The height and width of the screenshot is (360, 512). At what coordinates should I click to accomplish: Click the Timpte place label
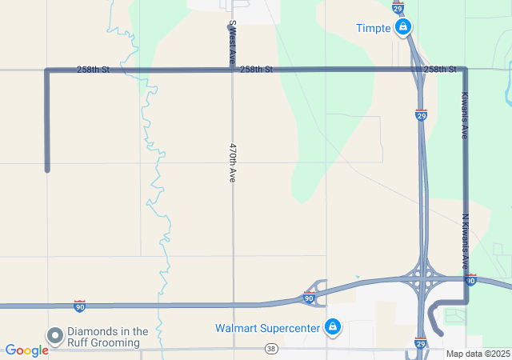click(373, 29)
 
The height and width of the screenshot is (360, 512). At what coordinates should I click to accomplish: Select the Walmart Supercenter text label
click(267, 328)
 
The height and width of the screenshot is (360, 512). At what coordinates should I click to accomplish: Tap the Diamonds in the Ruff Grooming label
click(108, 337)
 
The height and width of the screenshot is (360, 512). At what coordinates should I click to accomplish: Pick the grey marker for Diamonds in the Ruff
click(55, 336)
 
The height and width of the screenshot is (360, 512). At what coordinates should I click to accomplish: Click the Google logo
click(26, 350)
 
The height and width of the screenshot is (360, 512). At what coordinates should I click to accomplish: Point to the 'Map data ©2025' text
click(478, 354)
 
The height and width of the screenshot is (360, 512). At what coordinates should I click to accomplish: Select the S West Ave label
click(232, 43)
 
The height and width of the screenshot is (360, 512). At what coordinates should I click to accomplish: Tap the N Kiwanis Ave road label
click(465, 240)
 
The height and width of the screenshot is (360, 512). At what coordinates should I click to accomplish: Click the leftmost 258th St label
click(94, 70)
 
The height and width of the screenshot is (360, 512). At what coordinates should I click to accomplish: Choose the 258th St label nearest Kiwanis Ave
click(440, 70)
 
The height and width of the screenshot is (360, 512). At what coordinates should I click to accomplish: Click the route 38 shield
click(272, 349)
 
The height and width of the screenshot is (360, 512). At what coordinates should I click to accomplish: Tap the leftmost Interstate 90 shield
click(79, 306)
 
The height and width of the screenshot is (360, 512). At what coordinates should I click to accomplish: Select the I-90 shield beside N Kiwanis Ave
click(470, 280)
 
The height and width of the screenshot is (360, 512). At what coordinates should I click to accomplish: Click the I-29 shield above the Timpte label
click(398, 7)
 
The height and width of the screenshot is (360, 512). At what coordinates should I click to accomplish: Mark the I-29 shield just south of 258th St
click(421, 114)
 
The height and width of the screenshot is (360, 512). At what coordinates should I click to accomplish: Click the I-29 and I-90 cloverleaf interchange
click(421, 281)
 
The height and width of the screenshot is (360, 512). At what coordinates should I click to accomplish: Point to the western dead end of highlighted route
click(47, 169)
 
